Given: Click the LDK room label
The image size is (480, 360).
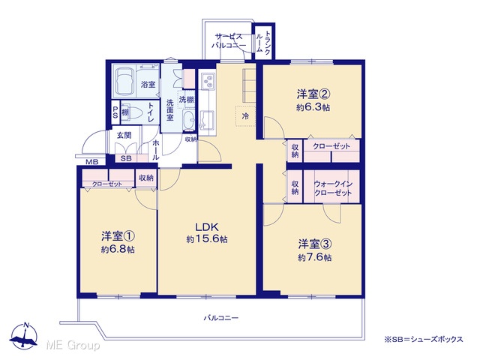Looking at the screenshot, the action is point(207,227).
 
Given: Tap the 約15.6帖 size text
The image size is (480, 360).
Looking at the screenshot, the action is point(207,239).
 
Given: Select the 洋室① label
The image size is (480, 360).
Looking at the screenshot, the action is point(118,236).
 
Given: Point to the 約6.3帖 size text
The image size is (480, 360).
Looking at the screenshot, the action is point(313,108).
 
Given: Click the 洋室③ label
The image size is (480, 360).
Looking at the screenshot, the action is point(315,244).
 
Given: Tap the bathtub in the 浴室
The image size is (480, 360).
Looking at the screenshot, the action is point(125,80).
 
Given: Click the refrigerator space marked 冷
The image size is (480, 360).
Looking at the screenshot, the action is point(245,116).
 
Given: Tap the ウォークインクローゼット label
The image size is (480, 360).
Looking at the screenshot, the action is point(333,188).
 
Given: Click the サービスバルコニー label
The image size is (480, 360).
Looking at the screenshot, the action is point(229,41).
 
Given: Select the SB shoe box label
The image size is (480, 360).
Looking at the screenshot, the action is point(126,158).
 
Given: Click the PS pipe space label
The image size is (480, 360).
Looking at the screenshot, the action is point(115,112).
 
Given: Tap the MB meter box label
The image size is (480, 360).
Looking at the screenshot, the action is point(91,162).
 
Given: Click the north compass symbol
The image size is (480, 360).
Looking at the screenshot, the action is point(23,335).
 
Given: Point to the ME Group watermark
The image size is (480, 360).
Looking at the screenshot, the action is point(73,345).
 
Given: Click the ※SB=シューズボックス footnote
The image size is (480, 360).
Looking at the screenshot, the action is point(424,339).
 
